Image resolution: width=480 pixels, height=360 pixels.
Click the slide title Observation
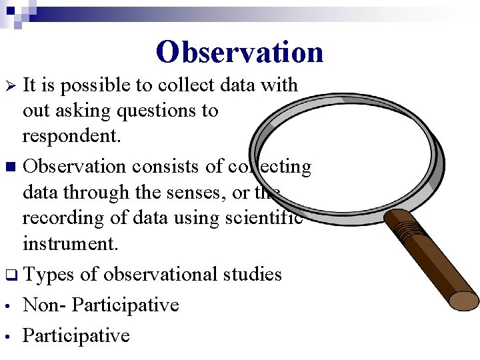pos(239,52)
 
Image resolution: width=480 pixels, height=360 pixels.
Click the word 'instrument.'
pos(70,243)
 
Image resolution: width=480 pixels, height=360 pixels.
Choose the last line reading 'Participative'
pos(76,335)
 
